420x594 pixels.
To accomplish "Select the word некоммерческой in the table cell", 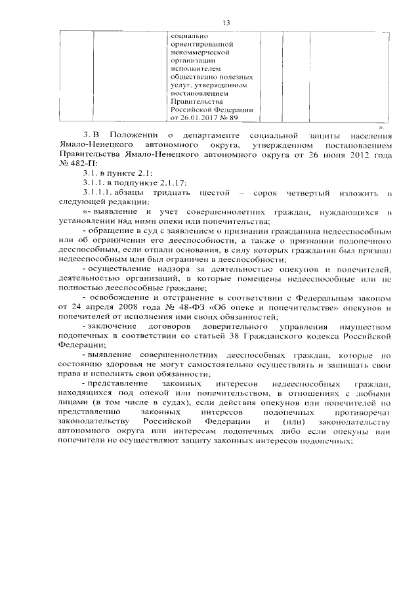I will point(199,51).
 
